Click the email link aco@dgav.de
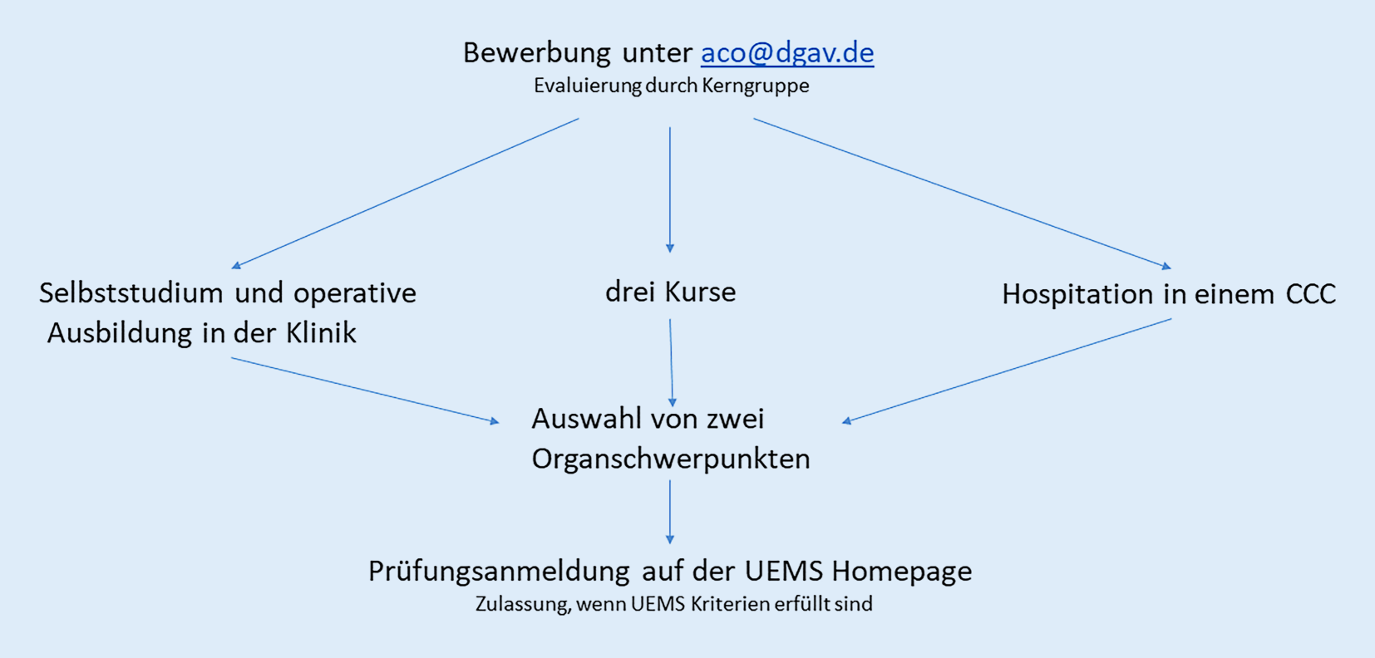(x=787, y=53)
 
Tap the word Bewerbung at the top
(x=536, y=53)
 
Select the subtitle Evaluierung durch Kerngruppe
(x=671, y=86)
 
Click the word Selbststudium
(x=131, y=293)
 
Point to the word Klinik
(x=321, y=333)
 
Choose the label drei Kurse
(x=670, y=292)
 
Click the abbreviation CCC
(x=1310, y=294)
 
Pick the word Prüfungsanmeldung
(x=499, y=572)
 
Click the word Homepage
(x=902, y=572)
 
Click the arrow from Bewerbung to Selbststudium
(x=405, y=194)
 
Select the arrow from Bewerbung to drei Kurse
(x=670, y=190)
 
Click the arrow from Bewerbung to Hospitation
(x=963, y=194)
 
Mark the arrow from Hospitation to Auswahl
(x=1007, y=371)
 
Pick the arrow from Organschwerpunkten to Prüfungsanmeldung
(x=670, y=512)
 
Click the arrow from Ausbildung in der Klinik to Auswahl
(x=365, y=390)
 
